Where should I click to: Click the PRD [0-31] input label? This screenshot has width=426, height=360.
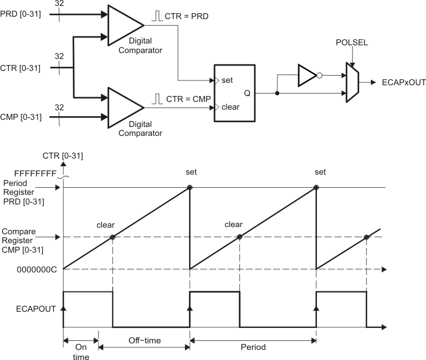tap(21, 13)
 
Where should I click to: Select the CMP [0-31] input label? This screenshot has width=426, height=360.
tap(21, 116)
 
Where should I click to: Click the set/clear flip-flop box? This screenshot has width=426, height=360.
tap(234, 92)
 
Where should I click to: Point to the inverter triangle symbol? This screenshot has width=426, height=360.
tap(307, 76)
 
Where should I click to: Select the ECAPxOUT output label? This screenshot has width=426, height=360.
tap(403, 83)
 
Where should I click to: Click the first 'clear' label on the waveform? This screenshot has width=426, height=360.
tap(106, 225)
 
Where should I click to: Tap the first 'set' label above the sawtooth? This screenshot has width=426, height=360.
tap(190, 173)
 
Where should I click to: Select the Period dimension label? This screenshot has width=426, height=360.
tap(252, 346)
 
